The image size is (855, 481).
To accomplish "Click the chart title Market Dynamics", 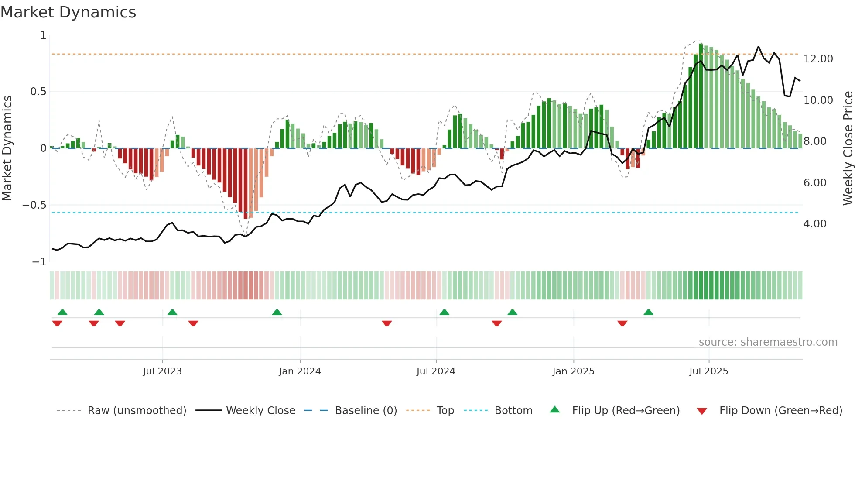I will [68, 12].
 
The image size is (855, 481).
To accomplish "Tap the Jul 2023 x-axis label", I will [162, 371].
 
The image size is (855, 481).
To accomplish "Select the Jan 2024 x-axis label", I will [300, 371].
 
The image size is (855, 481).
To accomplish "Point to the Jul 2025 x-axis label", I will [708, 371].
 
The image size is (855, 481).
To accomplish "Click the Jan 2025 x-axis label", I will [573, 371].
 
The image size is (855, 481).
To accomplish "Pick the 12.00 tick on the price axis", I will [818, 59].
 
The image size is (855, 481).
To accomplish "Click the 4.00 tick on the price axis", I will [815, 224].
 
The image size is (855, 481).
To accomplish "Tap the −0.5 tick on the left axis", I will [34, 205].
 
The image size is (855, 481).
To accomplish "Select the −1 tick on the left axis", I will [39, 262].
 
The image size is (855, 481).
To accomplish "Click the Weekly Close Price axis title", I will [848, 148].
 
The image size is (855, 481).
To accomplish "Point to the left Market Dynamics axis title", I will [7, 148].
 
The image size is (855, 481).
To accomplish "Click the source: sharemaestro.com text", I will [768, 342].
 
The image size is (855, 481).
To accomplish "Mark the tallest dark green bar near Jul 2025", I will [701, 96].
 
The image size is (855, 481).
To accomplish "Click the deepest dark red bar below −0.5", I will [246, 183].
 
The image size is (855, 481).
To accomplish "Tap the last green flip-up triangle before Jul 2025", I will [648, 312].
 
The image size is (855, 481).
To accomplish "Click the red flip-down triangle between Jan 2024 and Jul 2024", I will [386, 323].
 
